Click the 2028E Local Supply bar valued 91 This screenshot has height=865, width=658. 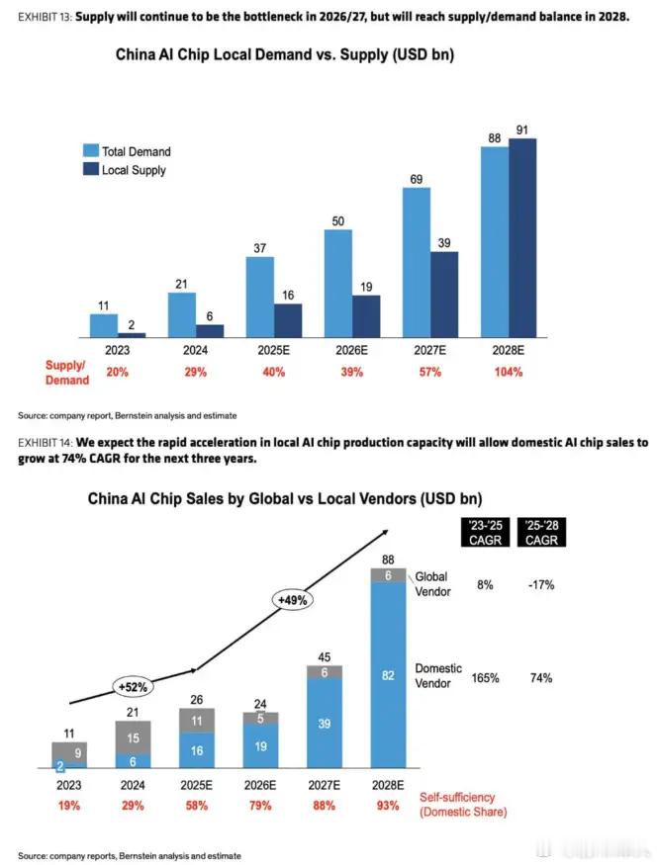coord(522,237)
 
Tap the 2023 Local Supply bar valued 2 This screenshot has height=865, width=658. coord(132,335)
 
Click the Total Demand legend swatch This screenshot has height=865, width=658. coord(90,151)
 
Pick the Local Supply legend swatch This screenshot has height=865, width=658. coord(90,170)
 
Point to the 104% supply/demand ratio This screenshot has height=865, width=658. coord(509,373)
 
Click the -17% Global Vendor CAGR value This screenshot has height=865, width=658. coord(540,585)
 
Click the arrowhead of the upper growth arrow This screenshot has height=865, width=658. coord(383,531)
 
